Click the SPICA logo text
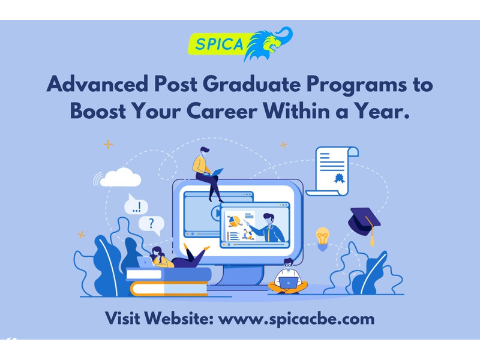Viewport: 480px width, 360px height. (219, 44)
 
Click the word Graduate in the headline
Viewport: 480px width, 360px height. (251, 83)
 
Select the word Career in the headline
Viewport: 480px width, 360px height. (222, 110)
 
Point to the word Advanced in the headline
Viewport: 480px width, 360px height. (98, 83)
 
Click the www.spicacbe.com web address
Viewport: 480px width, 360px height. (296, 319)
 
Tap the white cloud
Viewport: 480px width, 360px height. (121, 178)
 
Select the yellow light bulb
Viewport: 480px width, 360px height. (322, 238)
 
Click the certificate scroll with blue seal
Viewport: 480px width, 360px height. (332, 171)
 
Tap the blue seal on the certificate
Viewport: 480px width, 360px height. (339, 178)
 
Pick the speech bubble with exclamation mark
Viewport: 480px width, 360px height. (136, 205)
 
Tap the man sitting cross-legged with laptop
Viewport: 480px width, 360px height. (288, 277)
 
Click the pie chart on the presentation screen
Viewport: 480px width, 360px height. (235, 221)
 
